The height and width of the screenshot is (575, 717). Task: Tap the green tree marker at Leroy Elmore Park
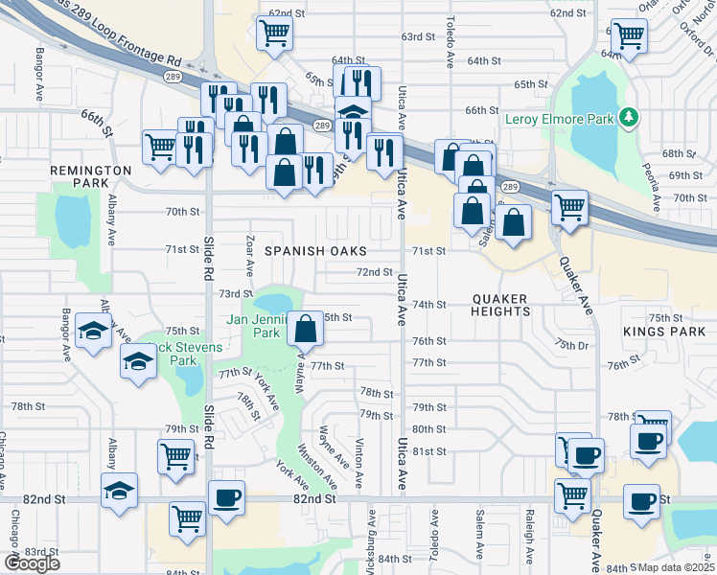click(x=629, y=118)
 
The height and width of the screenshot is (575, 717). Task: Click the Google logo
click(x=32, y=563)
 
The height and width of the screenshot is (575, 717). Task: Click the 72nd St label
click(x=375, y=272)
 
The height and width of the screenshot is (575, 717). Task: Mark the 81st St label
click(x=429, y=451)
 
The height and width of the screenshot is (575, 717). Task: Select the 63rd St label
click(x=418, y=36)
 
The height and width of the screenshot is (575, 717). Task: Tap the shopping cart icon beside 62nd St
click(x=274, y=34)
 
